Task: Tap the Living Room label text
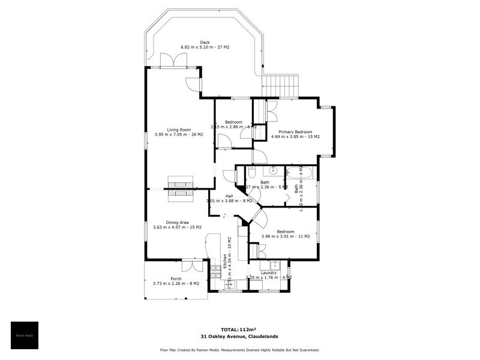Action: [179, 130]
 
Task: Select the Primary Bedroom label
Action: [295, 131]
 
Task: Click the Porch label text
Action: [176, 278]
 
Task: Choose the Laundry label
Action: [269, 272]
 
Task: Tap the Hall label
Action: [229, 196]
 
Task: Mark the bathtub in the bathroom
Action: [301, 173]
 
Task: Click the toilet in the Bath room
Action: [252, 173]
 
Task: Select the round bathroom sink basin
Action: [272, 170]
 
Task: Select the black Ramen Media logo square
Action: [25, 335]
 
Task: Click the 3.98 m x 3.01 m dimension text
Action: [286, 236]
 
